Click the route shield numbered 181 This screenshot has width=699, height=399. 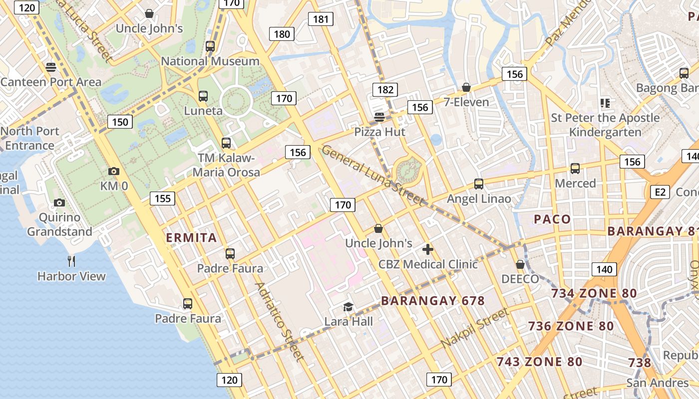[x=321, y=19]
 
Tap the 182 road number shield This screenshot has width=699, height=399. [x=385, y=90]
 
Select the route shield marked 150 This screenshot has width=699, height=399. [x=120, y=122]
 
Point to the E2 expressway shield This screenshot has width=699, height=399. [x=660, y=192]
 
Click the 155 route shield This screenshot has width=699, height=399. [x=163, y=199]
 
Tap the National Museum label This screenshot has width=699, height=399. [x=210, y=61]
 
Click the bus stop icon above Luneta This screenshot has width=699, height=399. [x=203, y=96]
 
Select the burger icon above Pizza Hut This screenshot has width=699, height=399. [x=379, y=118]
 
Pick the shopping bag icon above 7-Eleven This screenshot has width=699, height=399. [x=466, y=88]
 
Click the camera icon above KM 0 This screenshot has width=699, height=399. [x=113, y=172]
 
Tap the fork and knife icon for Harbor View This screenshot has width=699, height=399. [x=71, y=261]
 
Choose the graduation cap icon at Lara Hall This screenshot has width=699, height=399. [x=348, y=307]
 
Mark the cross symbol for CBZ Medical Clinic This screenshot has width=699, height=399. [x=428, y=249]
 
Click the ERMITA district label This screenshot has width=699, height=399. [x=191, y=238]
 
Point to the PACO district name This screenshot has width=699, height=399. [x=552, y=219]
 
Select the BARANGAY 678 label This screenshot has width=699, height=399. [x=433, y=301]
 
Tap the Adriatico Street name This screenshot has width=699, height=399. [x=279, y=321]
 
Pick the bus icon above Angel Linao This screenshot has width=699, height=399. [x=479, y=184]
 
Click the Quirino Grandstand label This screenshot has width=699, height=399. [x=59, y=224]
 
